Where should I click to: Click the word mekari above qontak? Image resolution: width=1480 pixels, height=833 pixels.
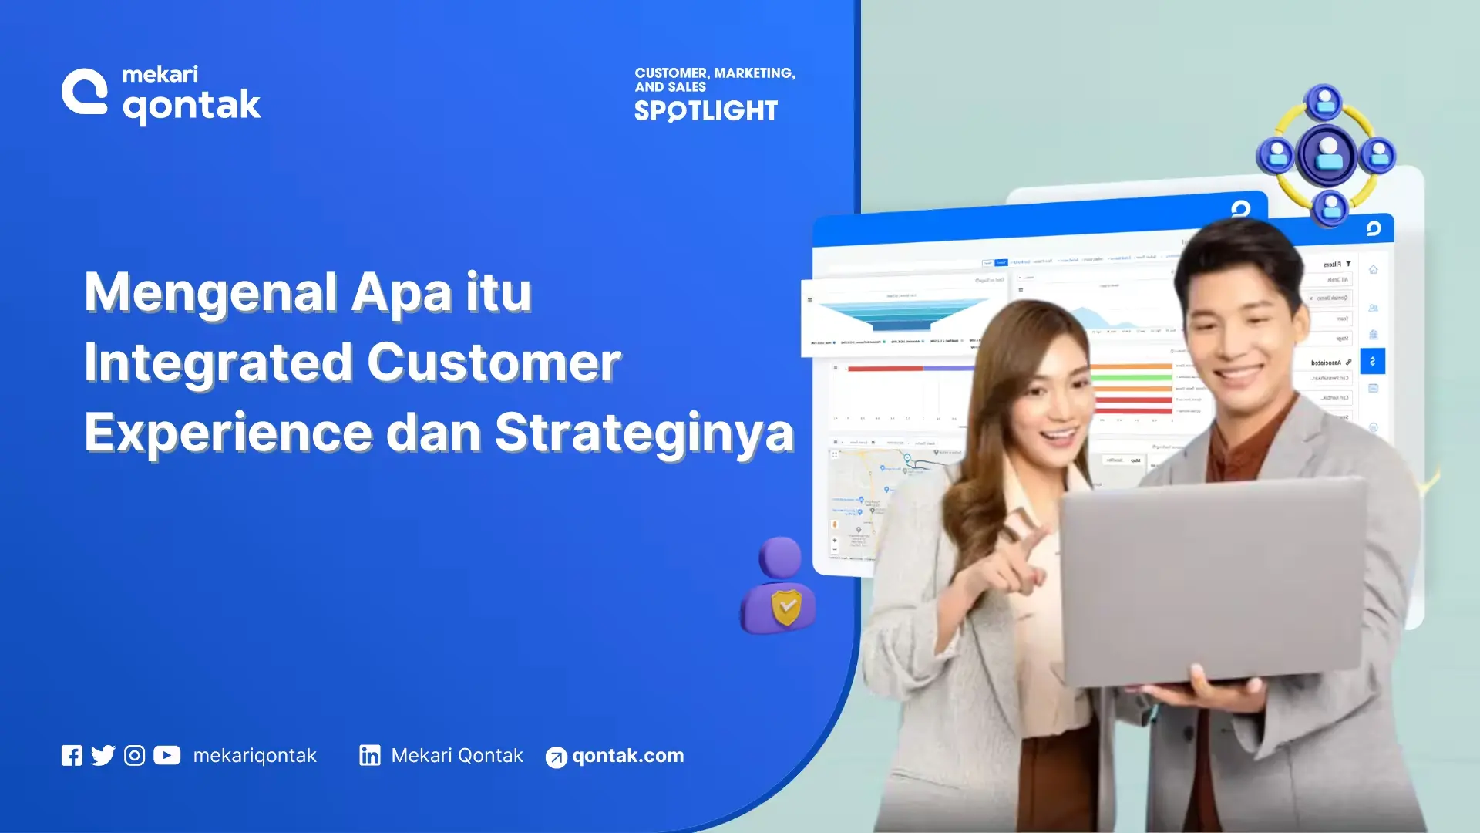[160, 75]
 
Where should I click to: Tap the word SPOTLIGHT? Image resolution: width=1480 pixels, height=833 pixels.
[705, 111]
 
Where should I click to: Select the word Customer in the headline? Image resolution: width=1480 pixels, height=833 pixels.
[493, 363]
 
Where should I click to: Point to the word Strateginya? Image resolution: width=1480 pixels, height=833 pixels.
[644, 433]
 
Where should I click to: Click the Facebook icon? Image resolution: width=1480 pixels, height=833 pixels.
[72, 755]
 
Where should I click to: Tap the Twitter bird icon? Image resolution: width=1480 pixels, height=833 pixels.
[103, 755]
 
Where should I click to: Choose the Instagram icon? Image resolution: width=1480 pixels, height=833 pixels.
[134, 755]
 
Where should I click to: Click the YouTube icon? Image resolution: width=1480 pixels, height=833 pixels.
[166, 755]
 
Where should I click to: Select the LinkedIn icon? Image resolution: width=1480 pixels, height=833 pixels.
[370, 755]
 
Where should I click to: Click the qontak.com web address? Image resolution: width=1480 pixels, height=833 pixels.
[627, 756]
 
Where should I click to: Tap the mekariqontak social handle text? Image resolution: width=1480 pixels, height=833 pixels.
[254, 756]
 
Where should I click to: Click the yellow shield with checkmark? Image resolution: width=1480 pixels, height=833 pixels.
[786, 607]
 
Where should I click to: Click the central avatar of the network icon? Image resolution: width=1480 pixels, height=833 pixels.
[1327, 155]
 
